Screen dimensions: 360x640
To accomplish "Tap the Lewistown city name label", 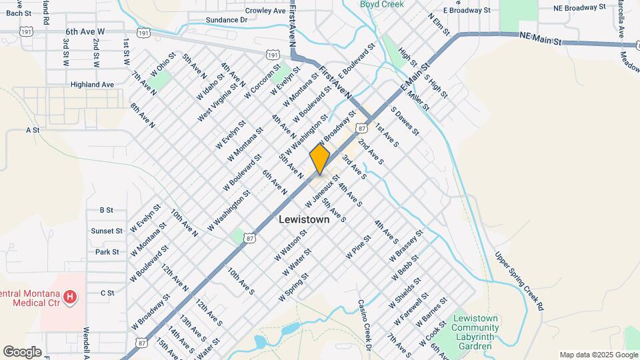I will point(304,219).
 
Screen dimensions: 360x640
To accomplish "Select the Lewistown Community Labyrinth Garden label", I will point(475,327).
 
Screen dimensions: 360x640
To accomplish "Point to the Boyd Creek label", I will point(382,4).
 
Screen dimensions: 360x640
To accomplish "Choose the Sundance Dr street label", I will point(226,20).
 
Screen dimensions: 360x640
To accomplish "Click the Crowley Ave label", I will point(265,11).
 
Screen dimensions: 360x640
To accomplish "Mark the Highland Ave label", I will point(92,85).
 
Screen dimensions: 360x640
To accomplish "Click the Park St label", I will point(107,252).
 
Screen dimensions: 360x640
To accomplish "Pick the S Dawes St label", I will point(404,121).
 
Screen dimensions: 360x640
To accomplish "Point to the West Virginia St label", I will point(217,103).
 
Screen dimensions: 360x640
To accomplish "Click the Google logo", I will point(22,351).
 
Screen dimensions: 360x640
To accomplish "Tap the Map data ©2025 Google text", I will point(598,355).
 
